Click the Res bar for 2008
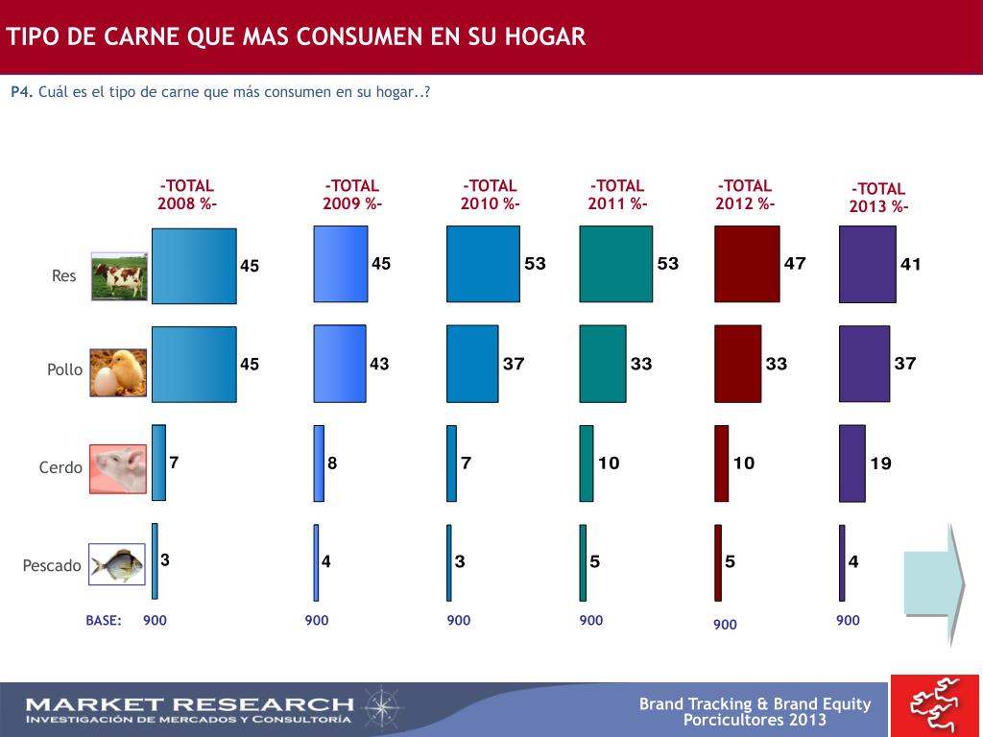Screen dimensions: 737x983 click(194, 266)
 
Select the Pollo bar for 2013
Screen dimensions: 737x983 click(864, 363)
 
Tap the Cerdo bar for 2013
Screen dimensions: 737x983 click(851, 463)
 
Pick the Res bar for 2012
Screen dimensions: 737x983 click(747, 264)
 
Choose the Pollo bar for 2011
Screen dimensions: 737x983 click(603, 363)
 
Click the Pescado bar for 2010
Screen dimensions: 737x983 click(448, 562)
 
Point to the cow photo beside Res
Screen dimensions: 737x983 click(120, 276)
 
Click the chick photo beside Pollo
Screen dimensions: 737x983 click(119, 372)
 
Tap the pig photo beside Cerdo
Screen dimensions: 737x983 click(118, 468)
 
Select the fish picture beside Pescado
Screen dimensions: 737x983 click(117, 564)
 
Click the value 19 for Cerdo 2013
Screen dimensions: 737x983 click(880, 464)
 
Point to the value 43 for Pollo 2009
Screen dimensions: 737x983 click(379, 364)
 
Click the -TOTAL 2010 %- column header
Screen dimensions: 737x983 click(490, 195)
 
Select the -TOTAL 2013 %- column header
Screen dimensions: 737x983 click(878, 198)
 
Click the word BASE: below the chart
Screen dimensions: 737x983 click(104, 621)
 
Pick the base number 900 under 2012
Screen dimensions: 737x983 click(725, 625)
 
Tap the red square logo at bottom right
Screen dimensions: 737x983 click(936, 706)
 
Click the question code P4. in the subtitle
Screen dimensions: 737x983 click(22, 92)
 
